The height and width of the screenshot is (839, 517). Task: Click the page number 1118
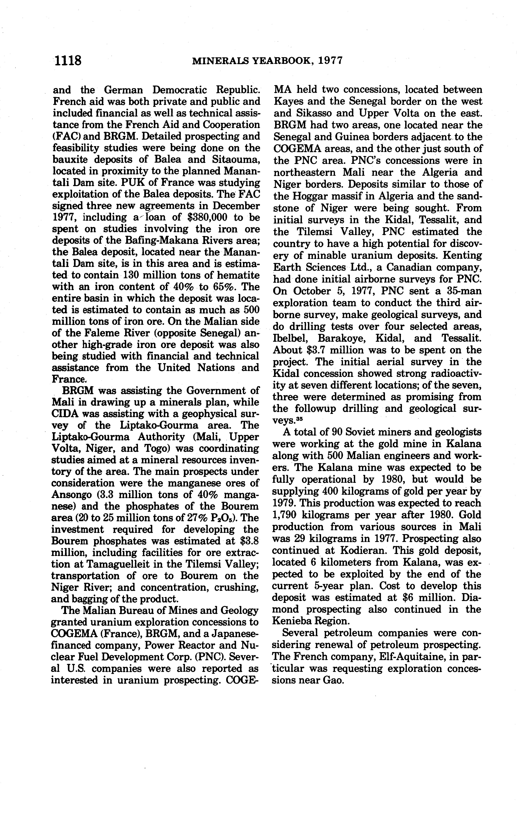[x=68, y=61]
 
